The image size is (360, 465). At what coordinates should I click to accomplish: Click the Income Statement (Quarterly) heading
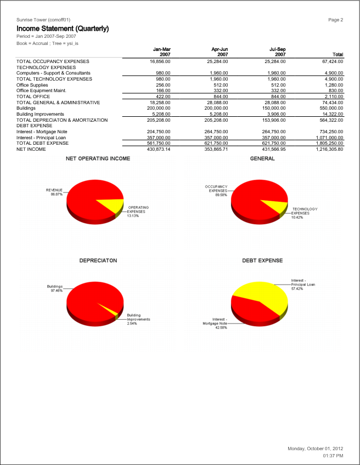63,28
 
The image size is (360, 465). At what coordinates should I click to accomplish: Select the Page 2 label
335,20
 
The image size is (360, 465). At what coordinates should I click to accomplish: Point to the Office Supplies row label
32,85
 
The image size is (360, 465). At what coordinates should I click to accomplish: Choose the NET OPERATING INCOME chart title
98,158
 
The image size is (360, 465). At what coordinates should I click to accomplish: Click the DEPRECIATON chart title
98,260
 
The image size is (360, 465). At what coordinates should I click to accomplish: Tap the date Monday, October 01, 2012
315,449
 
